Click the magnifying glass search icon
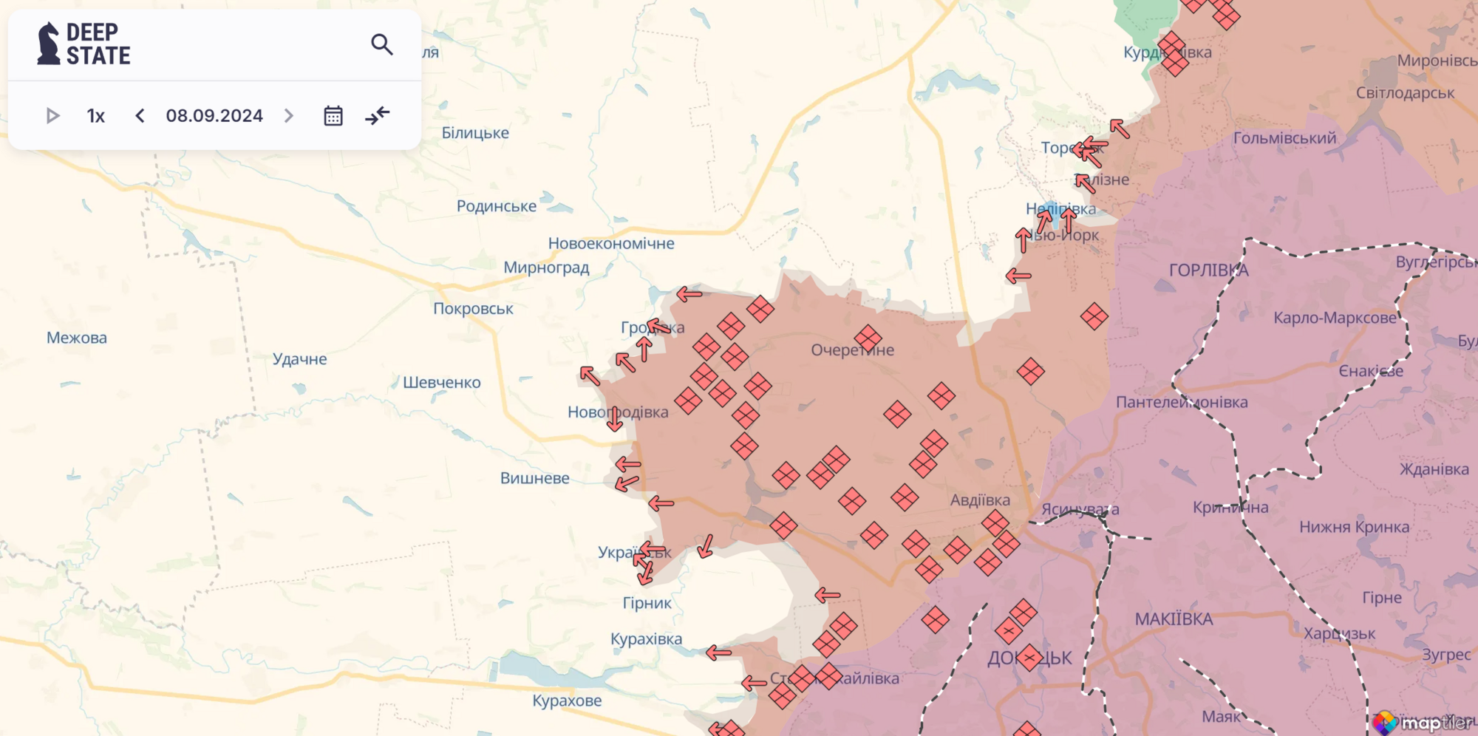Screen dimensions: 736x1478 (x=381, y=45)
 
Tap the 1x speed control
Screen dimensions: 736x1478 (x=96, y=116)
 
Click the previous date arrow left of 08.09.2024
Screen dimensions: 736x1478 (x=140, y=116)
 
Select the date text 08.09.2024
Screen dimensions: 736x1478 (x=214, y=116)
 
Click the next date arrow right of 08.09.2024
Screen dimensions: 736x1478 (x=289, y=116)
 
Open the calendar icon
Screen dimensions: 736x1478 (x=333, y=116)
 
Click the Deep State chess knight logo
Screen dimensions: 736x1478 (x=49, y=44)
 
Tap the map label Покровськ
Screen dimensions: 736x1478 (x=473, y=309)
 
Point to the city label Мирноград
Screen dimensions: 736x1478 (x=546, y=268)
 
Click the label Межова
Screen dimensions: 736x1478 (x=77, y=338)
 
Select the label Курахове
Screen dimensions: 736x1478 (x=567, y=701)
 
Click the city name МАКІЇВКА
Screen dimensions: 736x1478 (x=1174, y=619)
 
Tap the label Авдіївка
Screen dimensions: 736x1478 (x=980, y=500)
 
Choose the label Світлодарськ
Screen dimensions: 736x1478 (x=1405, y=93)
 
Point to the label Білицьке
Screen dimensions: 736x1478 (x=475, y=133)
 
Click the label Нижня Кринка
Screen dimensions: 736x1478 (x=1354, y=527)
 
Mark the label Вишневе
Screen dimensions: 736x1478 (x=534, y=478)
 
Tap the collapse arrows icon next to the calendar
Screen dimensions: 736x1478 (x=378, y=116)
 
